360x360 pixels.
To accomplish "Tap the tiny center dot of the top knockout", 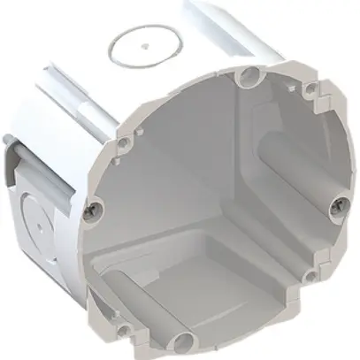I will click(142, 42).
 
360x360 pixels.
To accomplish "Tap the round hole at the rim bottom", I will click(187, 341).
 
